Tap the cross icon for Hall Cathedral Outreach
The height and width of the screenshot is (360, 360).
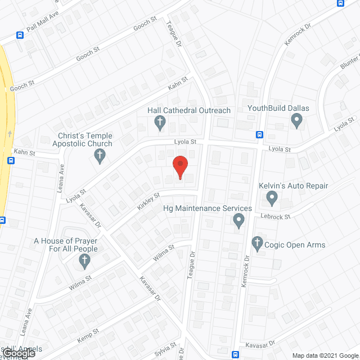point(160,121)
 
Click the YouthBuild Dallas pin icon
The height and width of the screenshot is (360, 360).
point(296,119)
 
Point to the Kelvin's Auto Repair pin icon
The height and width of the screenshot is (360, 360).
point(272,197)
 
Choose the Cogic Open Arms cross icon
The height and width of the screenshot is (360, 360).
point(258,244)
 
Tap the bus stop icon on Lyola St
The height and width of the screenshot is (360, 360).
point(259,134)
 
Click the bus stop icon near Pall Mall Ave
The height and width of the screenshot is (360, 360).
point(20,35)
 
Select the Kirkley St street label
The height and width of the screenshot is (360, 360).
point(149,201)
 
